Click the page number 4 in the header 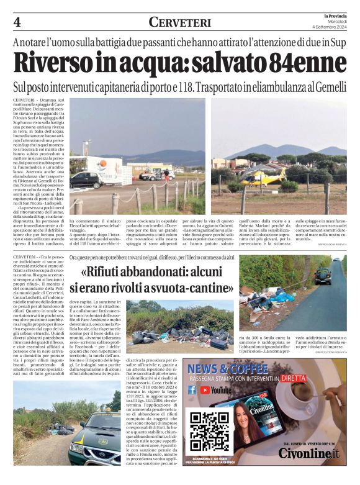17,23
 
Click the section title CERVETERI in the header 179,22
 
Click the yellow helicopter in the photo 263,177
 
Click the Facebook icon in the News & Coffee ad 192,391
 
